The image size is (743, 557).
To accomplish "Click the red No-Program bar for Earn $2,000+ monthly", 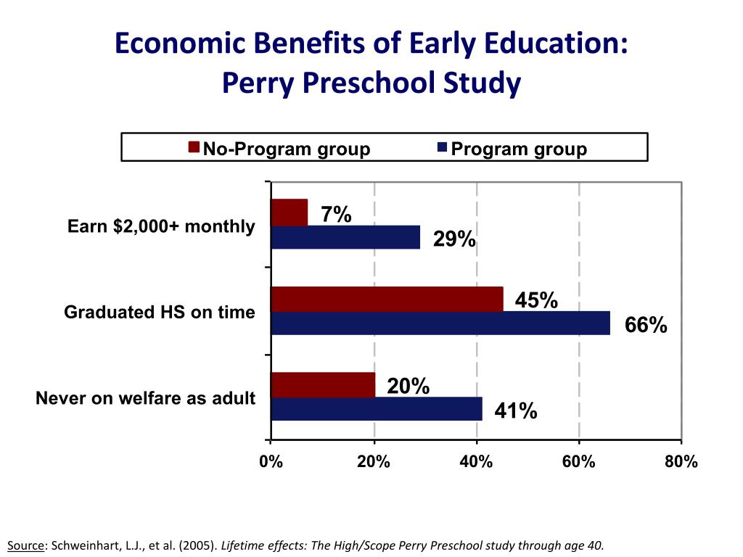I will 289,212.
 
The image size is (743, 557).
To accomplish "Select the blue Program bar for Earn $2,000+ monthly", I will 345,237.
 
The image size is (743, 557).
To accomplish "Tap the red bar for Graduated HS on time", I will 387,299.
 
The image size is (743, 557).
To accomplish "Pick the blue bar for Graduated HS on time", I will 440,323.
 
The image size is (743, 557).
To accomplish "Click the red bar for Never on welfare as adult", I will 323,385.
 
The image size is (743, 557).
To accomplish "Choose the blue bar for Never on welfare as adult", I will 377,409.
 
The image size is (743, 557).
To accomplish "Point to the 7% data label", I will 336,214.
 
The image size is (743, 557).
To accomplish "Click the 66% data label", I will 646,326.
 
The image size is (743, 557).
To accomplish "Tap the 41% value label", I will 516,411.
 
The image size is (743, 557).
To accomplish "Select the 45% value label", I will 536,300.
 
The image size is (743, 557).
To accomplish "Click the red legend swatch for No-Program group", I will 194,148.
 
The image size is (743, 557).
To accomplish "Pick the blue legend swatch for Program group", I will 442,148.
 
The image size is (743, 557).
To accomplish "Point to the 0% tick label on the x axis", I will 271,462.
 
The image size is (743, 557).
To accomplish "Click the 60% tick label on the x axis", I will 579,462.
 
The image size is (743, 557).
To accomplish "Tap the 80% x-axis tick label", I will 681,462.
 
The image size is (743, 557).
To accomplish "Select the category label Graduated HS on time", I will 160,313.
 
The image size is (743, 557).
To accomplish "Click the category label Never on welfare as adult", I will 145,398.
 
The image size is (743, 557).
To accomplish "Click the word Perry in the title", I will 258,83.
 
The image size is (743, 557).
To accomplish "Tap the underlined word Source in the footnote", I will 25,545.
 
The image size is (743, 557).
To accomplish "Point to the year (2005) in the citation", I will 196,545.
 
